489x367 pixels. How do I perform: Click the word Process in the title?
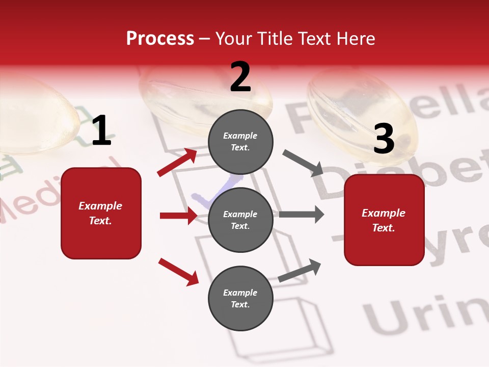click(x=160, y=39)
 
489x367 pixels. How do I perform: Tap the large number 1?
click(x=101, y=130)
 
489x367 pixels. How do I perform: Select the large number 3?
click(x=384, y=139)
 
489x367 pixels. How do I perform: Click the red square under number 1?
click(x=101, y=213)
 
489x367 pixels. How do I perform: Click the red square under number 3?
click(x=384, y=220)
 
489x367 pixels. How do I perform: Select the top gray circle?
click(x=240, y=142)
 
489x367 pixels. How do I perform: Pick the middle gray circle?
click(x=240, y=220)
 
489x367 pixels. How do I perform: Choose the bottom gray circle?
click(x=240, y=298)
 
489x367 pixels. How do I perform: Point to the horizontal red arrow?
click(x=178, y=216)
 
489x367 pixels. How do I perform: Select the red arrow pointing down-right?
click(x=178, y=271)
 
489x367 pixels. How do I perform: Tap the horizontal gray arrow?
click(x=301, y=214)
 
